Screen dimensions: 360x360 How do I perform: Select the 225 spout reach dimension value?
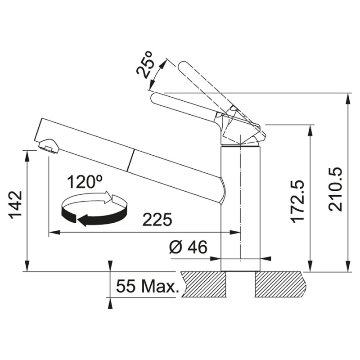[157, 220]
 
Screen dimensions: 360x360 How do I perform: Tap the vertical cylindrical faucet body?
[241, 207]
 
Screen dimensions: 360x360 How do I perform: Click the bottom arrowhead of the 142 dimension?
[28, 267]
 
